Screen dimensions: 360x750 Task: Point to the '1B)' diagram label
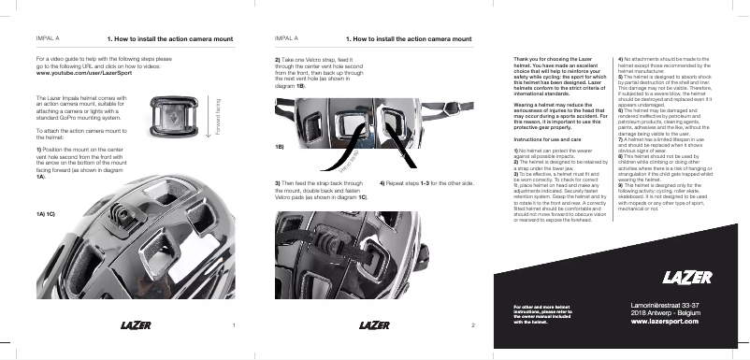tap(280, 147)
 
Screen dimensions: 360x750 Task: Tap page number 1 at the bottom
tap(232, 325)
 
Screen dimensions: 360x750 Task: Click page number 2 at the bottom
tap(474, 325)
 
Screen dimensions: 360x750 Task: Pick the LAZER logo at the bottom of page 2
tap(375, 325)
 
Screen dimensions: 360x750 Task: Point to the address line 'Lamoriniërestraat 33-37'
tap(665, 305)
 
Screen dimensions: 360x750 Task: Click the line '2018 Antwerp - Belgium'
tap(665, 313)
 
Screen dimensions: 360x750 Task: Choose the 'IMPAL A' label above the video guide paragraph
tap(48, 39)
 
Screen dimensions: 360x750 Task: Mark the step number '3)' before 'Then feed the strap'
tap(278, 182)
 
